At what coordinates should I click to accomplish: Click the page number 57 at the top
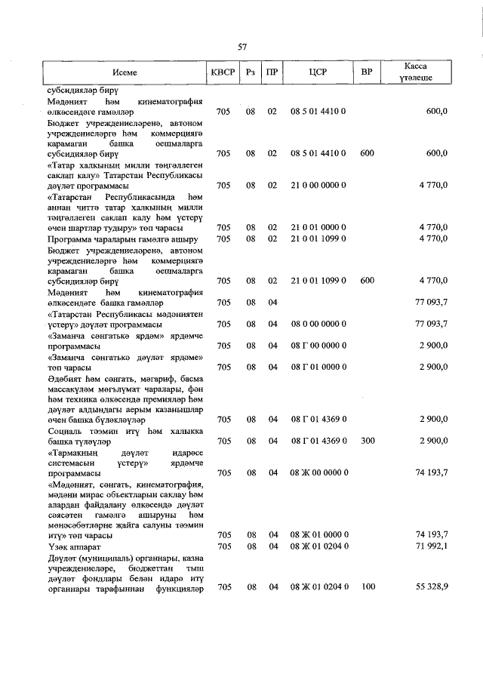tap(242, 47)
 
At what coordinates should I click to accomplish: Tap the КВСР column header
tap(223, 73)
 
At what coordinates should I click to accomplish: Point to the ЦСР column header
tap(317, 73)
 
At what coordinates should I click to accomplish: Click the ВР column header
tap(367, 73)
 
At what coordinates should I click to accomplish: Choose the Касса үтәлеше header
tap(416, 73)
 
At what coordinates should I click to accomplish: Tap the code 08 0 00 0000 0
tap(318, 324)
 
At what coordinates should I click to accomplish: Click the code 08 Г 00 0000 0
tap(318, 345)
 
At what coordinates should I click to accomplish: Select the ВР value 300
tap(367, 440)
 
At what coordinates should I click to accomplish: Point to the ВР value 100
tap(367, 586)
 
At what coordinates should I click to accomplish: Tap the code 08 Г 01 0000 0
tap(318, 367)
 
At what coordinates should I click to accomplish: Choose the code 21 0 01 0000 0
tap(318, 227)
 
